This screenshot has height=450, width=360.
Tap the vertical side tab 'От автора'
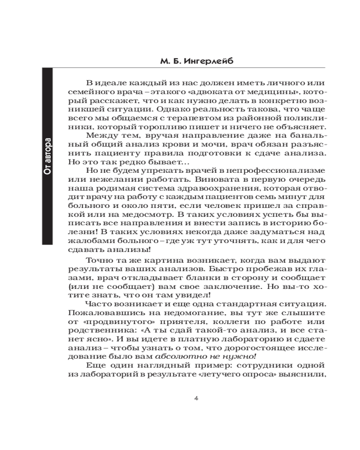(x=47, y=155)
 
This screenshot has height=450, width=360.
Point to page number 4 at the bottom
(x=195, y=398)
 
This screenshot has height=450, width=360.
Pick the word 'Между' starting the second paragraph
(x=101, y=136)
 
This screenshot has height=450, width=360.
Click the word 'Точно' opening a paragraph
(x=100, y=261)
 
